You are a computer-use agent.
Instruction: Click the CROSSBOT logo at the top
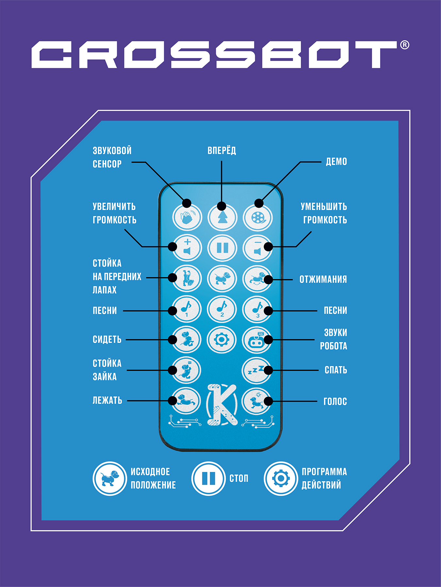[214, 54]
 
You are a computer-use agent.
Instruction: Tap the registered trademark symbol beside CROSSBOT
[404, 45]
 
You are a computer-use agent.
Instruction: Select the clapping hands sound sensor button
[187, 218]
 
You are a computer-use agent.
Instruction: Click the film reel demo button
[258, 218]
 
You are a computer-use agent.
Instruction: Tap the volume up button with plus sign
[187, 248]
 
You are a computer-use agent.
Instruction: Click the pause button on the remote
[222, 248]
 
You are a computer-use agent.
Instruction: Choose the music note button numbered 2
[222, 309]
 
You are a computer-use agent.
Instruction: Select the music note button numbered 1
[187, 309]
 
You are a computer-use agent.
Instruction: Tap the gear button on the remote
[222, 339]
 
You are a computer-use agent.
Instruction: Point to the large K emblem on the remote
[222, 405]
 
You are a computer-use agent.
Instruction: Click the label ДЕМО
[336, 162]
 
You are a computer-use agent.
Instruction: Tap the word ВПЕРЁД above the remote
[222, 151]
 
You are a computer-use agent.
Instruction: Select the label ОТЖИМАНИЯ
[323, 279]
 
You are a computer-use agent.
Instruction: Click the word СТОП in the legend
[239, 478]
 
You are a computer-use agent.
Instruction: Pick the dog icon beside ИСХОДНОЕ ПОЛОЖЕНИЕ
[110, 478]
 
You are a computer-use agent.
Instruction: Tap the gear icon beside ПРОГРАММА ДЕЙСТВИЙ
[281, 478]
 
